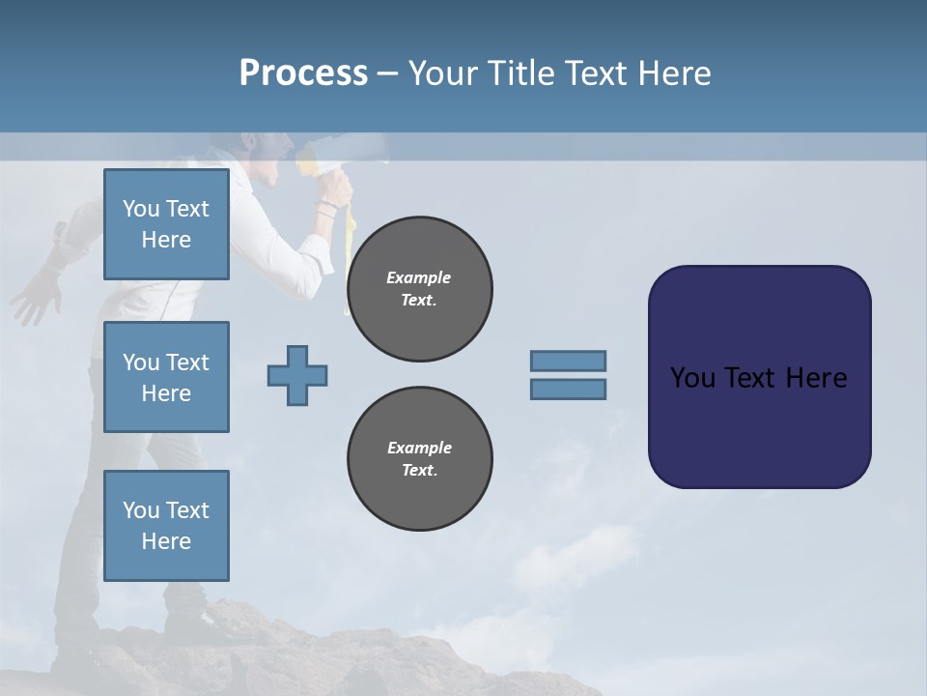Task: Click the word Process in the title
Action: point(303,73)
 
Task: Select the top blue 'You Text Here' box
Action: point(166,224)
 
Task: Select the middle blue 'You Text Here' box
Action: point(166,377)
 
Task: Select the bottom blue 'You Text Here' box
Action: point(166,526)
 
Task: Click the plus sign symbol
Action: point(297,375)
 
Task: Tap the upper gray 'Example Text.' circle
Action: point(419,289)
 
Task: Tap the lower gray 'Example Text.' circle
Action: point(419,459)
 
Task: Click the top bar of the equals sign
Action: point(568,361)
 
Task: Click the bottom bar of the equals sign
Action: point(568,390)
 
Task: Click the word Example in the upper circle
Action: point(419,277)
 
